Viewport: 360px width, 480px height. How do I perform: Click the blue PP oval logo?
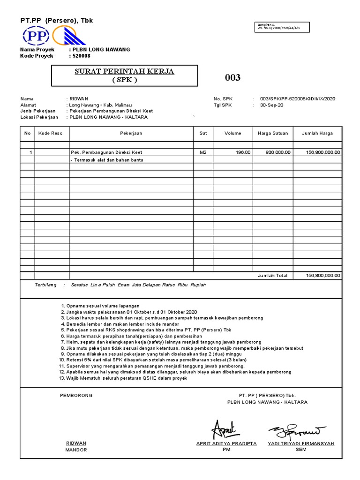[34, 36]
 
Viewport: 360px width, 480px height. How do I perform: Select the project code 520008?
[81, 56]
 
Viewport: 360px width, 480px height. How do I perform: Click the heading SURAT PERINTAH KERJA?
[124, 71]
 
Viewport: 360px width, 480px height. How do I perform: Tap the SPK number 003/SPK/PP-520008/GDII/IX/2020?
[298, 99]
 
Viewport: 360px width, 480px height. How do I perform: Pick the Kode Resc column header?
[51, 133]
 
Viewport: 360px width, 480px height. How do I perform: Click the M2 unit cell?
[203, 152]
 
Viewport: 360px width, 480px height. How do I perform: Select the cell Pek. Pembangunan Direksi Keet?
[106, 152]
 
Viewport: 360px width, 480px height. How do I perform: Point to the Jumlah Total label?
[272, 276]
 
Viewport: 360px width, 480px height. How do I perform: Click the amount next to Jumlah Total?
[323, 276]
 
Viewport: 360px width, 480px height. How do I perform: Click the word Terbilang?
[45, 285]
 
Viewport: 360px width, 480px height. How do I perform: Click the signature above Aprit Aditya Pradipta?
[225, 428]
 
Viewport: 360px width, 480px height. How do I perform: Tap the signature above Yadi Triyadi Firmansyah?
[297, 429]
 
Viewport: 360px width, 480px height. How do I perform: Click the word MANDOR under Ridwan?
[76, 450]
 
